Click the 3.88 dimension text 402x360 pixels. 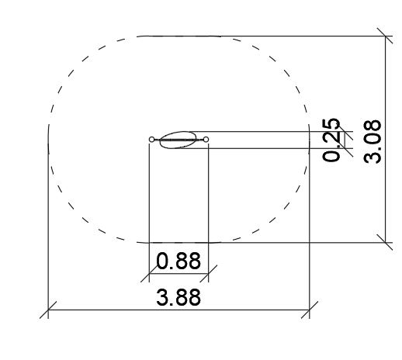(x=178, y=297)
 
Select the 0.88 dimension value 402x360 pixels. (x=178, y=261)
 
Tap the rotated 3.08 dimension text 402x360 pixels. (x=373, y=141)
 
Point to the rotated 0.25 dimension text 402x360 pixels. (x=331, y=140)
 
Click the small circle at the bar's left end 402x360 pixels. (x=151, y=140)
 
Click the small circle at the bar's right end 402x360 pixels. (x=206, y=140)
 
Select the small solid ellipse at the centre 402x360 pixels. (x=178, y=140)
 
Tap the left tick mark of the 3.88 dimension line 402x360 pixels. (x=48, y=310)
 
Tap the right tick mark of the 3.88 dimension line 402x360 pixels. (x=310, y=310)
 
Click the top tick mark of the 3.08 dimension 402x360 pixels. (x=385, y=36)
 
